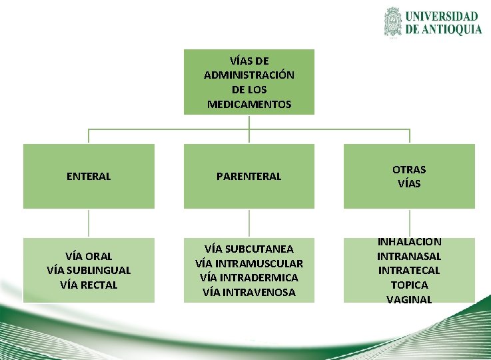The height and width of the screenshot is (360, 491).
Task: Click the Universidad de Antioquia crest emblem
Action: (x=394, y=22)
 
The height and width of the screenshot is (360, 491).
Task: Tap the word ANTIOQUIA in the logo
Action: (x=451, y=29)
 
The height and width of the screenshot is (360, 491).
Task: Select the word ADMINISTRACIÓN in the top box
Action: (x=249, y=75)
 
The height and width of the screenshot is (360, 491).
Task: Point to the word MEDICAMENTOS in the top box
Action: (x=249, y=104)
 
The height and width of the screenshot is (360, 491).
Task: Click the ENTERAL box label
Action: (x=89, y=177)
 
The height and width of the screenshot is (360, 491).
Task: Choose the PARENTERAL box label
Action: (x=249, y=177)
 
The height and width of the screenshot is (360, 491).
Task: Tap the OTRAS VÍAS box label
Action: (x=409, y=177)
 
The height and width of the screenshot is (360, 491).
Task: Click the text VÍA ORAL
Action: (x=89, y=256)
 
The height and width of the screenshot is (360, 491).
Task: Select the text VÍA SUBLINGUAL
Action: (x=89, y=271)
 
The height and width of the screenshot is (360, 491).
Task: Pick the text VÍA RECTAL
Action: (x=89, y=285)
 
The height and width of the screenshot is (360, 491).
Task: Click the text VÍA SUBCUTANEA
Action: (x=249, y=249)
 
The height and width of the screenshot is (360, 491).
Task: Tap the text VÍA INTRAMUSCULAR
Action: (x=249, y=263)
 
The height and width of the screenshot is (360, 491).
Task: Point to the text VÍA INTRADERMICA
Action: (x=249, y=278)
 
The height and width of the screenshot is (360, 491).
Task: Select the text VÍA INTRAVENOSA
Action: (x=249, y=293)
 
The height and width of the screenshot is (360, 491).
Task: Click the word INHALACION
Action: (x=409, y=242)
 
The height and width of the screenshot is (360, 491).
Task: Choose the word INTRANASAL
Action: (x=409, y=257)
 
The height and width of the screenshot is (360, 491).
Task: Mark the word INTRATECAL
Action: (x=409, y=271)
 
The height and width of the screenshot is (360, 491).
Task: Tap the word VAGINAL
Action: (x=409, y=300)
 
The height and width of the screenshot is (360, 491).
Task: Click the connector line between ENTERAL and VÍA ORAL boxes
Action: (x=89, y=223)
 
